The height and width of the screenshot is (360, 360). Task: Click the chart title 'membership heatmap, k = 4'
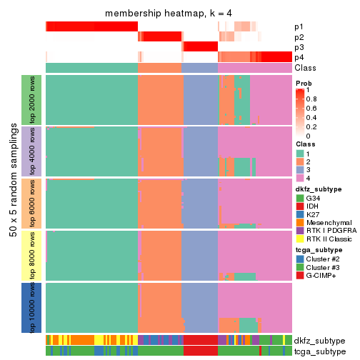(x=169, y=14)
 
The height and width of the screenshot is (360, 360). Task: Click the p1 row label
(x=299, y=26)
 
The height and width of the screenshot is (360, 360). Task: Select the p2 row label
(x=299, y=36)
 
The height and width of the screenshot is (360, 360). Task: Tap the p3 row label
(x=299, y=47)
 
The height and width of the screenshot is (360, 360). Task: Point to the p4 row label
(x=299, y=57)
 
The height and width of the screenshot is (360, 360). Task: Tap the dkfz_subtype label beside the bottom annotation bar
(x=319, y=340)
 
